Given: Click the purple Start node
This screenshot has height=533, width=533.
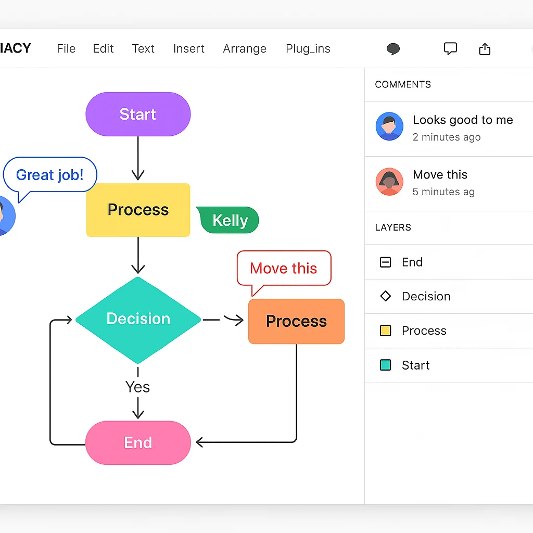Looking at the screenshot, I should [138, 115].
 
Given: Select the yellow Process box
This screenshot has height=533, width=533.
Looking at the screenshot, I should [138, 210].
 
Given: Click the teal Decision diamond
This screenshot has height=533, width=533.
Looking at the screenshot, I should [138, 319].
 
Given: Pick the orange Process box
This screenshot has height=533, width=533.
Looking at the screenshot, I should [296, 322].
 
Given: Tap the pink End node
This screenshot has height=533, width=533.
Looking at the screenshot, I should [138, 443].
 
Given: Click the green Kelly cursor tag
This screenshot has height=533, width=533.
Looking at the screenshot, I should [230, 220].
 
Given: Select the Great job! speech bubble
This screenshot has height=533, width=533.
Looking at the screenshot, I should [50, 175].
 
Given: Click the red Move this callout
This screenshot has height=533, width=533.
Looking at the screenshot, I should [284, 268].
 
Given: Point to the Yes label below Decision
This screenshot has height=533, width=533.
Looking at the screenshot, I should [137, 387].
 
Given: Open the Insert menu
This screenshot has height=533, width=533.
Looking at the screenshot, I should [188, 49].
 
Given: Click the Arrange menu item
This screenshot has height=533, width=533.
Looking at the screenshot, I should [245, 49].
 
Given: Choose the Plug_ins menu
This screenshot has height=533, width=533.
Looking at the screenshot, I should [308, 49].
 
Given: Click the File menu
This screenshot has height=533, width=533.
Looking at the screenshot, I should [66, 49].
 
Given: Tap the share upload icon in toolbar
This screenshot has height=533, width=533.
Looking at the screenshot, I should [485, 49].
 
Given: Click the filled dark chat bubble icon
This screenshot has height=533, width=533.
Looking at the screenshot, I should [394, 49].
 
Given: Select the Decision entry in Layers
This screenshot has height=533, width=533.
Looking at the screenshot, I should [426, 296].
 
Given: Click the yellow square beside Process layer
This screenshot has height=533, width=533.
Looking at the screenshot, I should [385, 331].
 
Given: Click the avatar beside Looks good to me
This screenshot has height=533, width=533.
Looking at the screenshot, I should [389, 126].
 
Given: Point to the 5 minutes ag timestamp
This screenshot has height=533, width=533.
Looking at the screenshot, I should [443, 192].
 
